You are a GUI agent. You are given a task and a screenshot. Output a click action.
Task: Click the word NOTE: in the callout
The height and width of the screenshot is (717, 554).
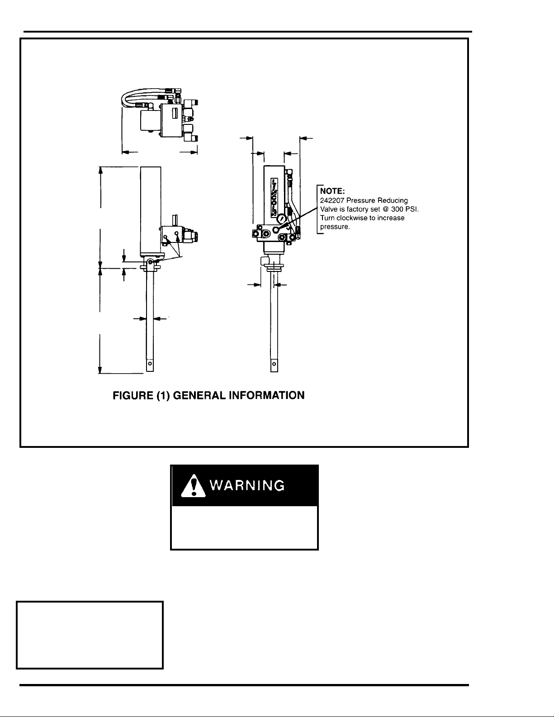coord(332,191)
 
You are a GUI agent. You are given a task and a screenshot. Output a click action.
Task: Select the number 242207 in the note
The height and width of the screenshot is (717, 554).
coord(332,200)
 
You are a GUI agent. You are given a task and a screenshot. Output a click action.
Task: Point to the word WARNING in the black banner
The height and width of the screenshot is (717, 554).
coord(247,485)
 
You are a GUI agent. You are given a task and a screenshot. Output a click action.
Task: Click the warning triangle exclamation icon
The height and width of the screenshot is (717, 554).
coord(193,486)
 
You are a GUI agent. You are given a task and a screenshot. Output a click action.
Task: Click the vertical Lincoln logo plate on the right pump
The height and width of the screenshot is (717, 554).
coord(274,197)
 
